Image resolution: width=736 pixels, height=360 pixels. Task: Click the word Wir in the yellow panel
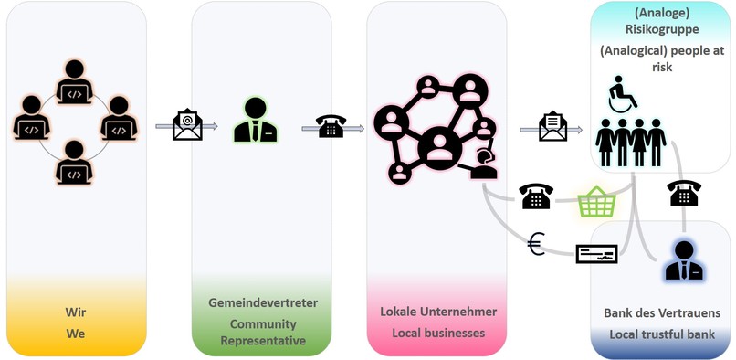click(75, 312)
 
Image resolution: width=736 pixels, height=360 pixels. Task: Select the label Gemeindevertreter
click(262, 302)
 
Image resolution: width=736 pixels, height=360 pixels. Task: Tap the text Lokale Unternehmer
click(438, 312)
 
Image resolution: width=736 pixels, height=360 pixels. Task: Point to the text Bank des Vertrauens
click(663, 312)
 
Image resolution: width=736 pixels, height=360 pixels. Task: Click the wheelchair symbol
click(624, 94)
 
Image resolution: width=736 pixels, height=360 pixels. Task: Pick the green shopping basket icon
click(594, 202)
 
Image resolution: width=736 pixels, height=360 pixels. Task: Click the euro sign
click(537, 243)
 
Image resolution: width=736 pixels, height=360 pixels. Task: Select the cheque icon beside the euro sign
click(596, 253)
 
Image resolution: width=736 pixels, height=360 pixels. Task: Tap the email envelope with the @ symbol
click(187, 124)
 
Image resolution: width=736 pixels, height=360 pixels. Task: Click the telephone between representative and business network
click(331, 126)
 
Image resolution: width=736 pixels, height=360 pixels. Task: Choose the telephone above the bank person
click(684, 193)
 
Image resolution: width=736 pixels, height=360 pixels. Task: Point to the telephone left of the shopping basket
click(535, 196)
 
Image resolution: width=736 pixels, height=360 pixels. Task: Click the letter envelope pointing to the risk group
click(553, 126)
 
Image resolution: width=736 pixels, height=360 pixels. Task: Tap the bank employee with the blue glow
click(683, 259)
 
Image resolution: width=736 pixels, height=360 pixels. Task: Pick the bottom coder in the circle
click(75, 162)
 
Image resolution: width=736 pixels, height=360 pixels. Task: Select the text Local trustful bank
click(663, 334)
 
